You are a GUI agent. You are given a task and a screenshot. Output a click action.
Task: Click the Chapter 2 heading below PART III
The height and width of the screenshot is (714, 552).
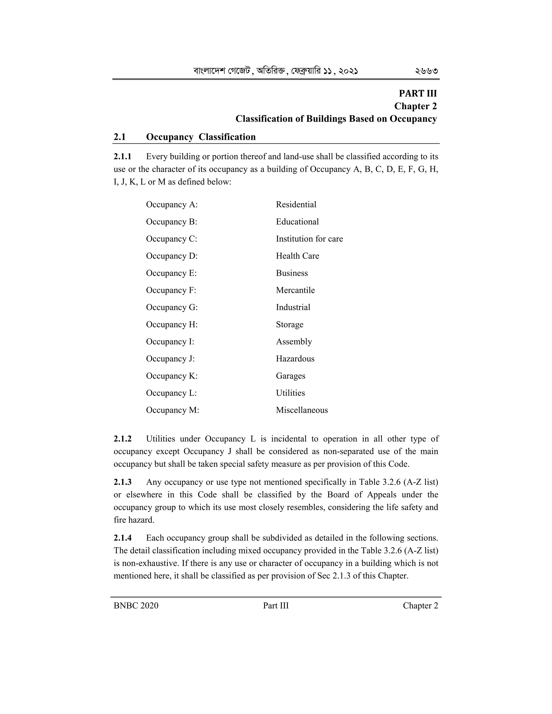coord(415,106)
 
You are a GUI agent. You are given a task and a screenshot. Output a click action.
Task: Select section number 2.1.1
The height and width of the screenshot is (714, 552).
coord(123,157)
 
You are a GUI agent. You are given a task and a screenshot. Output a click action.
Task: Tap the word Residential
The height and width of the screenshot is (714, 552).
coord(296,205)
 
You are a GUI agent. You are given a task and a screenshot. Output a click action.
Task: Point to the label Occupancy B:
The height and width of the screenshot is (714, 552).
coord(172,222)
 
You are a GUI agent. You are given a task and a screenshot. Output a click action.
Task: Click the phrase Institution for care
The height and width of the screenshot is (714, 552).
coord(309,239)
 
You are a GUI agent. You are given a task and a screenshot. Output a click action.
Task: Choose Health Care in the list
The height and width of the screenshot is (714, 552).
coord(297,256)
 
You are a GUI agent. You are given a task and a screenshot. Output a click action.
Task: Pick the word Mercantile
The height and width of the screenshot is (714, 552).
coord(295,290)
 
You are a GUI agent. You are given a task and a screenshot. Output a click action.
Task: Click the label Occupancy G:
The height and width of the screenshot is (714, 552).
coord(172,307)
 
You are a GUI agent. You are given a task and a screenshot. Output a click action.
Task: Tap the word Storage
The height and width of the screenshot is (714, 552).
coord(289,325)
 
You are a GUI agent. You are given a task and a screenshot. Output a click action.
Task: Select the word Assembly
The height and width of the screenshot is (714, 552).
coord(294,342)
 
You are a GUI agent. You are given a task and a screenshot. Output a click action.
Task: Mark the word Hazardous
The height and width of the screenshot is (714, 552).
coord(295,359)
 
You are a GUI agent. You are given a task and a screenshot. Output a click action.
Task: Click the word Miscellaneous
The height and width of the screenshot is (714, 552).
coord(302,410)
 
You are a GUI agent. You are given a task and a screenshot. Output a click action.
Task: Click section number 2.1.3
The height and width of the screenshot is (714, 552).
coord(123,482)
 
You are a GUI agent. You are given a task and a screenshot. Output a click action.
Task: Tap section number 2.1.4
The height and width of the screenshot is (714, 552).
coord(123,538)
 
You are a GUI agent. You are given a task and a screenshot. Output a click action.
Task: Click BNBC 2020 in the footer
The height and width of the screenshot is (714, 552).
coord(136,606)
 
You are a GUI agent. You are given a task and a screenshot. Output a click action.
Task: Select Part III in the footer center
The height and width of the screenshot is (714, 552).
coord(276,606)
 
